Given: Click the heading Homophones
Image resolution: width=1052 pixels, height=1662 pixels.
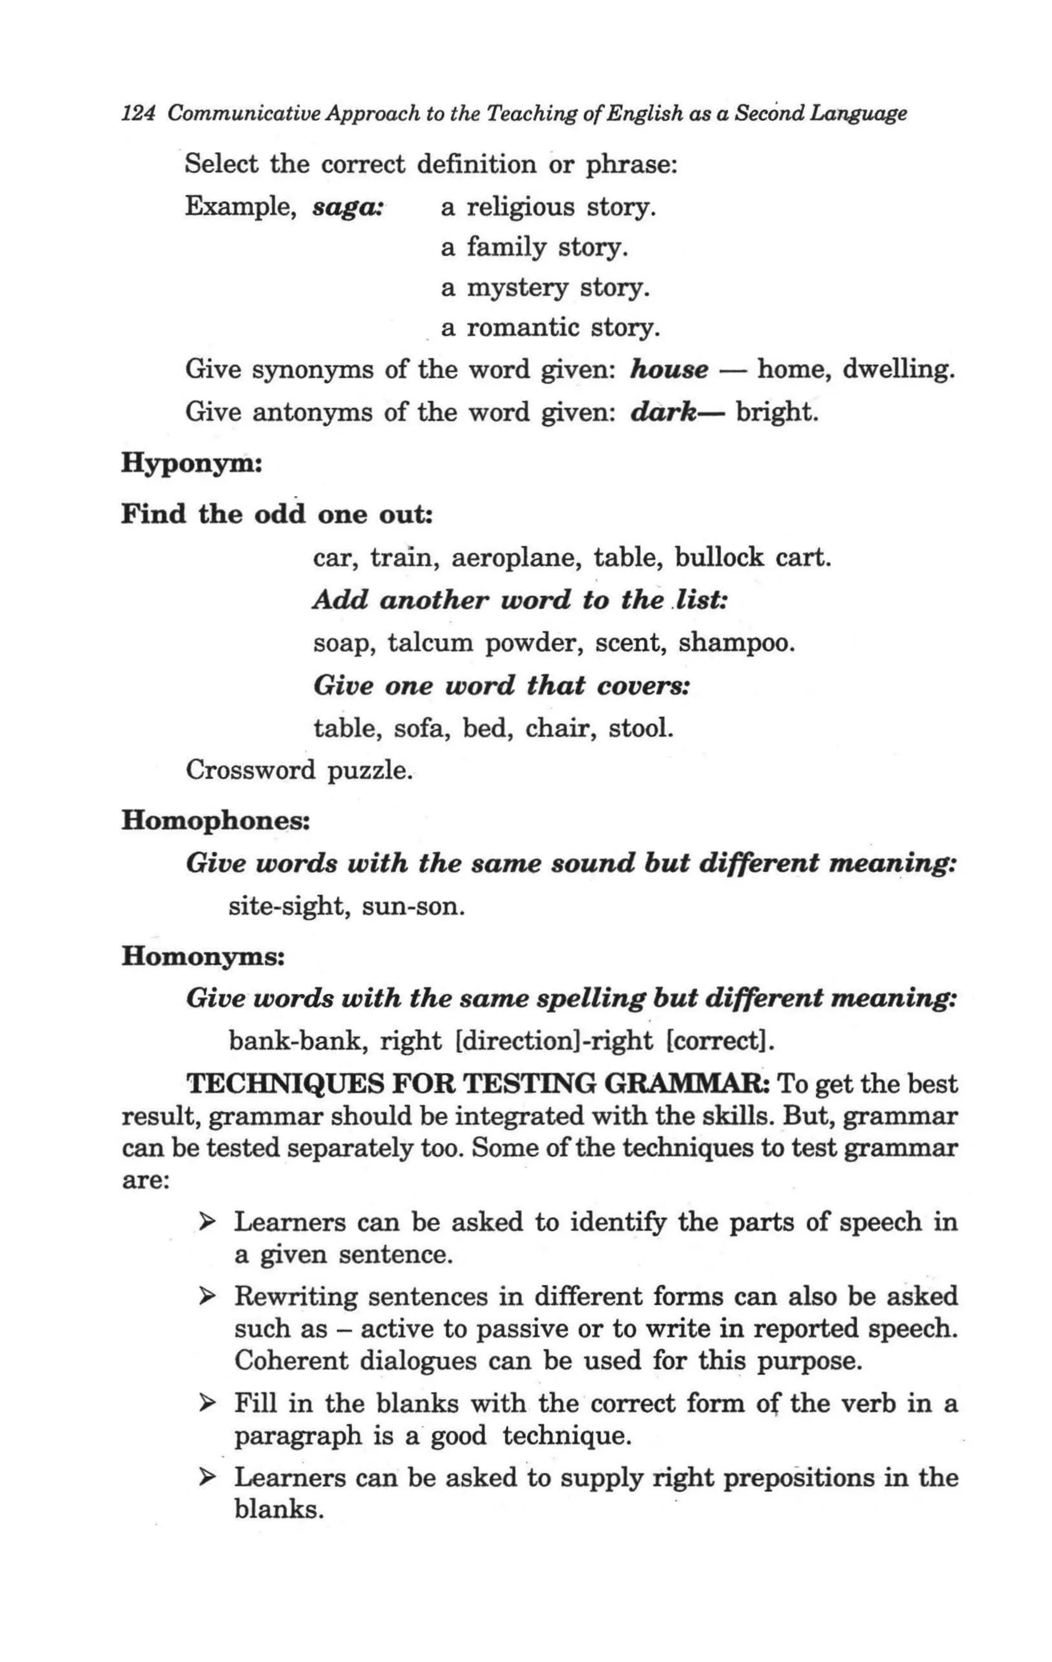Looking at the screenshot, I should (215, 821).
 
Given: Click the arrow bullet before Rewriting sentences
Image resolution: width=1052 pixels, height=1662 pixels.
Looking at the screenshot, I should (205, 1297).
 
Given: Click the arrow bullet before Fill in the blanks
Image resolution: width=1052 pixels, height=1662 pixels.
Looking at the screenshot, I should (205, 1403).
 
